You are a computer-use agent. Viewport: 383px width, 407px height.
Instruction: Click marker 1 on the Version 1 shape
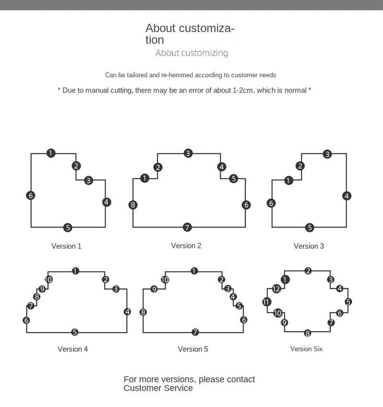click(51, 153)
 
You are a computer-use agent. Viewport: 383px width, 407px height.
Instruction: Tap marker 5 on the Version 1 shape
click(68, 227)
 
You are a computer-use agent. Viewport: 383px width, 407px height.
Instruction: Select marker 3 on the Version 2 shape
click(188, 153)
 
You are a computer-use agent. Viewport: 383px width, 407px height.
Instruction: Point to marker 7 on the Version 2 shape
click(187, 227)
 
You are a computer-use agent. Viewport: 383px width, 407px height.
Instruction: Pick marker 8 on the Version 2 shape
click(133, 205)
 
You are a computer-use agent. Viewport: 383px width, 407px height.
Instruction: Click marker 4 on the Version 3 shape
click(347, 195)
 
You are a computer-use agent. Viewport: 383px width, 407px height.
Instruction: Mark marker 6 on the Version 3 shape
click(271, 203)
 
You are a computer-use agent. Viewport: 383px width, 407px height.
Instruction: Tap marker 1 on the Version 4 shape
click(75, 271)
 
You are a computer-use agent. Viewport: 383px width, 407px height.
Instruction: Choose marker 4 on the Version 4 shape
click(127, 312)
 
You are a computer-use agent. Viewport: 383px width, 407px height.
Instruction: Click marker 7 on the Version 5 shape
click(195, 332)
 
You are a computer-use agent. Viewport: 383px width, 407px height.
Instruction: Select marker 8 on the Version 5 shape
click(143, 312)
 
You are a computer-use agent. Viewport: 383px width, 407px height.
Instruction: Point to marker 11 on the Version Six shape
click(267, 302)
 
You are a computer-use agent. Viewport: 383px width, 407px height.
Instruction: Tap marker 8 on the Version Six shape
click(307, 333)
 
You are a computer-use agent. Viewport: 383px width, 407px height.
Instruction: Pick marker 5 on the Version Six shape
click(348, 302)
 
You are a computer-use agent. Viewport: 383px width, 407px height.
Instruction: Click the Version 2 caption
click(186, 246)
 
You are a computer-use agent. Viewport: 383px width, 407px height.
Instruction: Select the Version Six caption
click(306, 349)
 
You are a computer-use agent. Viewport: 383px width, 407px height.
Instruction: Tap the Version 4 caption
click(73, 349)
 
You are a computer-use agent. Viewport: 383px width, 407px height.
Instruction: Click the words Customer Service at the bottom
click(158, 388)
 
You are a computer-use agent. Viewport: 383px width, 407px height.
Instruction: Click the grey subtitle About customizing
click(191, 53)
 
